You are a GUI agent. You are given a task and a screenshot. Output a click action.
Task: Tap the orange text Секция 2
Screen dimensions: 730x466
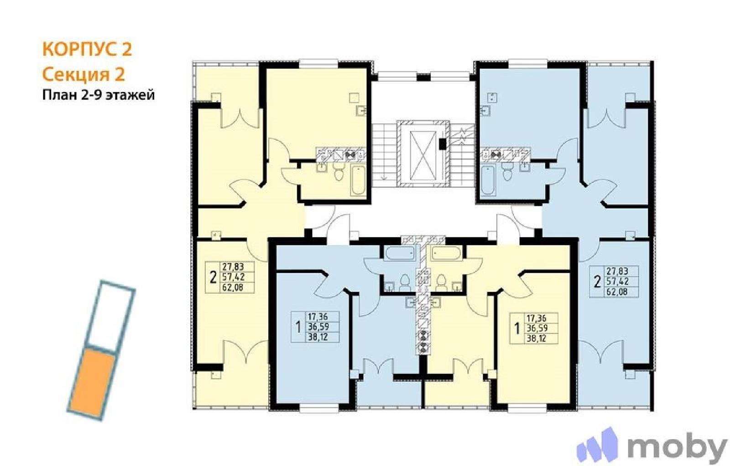[84, 74]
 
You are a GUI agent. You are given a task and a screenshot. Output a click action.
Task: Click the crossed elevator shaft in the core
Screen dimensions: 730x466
[423, 156]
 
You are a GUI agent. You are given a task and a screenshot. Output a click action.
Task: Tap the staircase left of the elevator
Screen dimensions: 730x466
[385, 154]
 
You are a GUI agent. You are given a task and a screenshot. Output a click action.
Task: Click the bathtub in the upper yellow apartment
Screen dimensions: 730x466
[359, 181]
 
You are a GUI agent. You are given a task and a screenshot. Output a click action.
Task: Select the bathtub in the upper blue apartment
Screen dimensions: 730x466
[488, 181]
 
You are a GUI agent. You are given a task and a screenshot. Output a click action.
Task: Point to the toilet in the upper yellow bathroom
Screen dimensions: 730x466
[339, 171]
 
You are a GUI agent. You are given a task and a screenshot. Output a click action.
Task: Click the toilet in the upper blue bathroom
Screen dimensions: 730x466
[507, 171]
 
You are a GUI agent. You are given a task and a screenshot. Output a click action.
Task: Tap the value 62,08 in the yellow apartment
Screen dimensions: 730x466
[233, 288]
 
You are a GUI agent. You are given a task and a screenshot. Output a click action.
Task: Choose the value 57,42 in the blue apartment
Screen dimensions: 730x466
[617, 281]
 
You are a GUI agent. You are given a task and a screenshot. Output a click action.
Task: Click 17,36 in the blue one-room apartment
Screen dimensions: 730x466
[318, 317]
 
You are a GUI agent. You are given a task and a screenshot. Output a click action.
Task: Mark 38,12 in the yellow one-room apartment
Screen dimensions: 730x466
[537, 339]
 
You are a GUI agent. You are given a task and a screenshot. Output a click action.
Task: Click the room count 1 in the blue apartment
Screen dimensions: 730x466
[297, 327]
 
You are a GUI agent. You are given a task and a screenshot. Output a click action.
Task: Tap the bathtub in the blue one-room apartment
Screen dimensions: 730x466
[400, 254]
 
